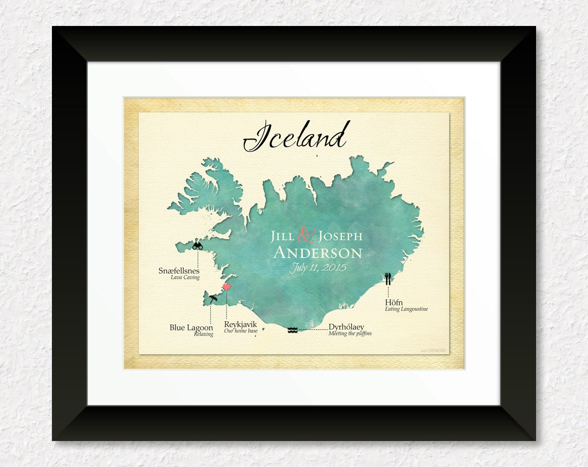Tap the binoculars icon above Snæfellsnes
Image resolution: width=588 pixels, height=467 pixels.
coord(198,246)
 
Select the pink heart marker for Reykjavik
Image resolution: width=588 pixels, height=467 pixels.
coord(227,287)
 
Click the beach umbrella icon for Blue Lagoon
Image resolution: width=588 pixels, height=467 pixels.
coord(213,299)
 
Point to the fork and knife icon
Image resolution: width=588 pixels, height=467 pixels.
coord(388,279)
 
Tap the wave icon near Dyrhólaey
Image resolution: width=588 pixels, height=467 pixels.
coord(293,330)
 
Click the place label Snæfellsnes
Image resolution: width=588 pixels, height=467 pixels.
coord(179,271)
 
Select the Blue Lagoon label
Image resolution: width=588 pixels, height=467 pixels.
coord(191,327)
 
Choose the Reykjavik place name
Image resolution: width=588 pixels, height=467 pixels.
coord(240,324)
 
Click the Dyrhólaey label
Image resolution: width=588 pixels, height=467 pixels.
coord(346,327)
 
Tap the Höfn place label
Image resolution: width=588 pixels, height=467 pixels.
coord(393,302)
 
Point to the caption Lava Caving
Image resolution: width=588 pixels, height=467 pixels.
coord(185,277)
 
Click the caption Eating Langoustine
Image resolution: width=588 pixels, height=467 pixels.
coord(406,309)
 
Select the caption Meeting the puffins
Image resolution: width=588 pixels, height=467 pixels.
coord(350,334)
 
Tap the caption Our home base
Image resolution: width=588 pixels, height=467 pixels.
coord(241,331)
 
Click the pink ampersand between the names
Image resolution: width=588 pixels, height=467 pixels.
coord(306,235)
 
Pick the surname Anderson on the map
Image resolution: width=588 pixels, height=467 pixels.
coord(318,253)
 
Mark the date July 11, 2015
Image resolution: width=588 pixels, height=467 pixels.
coord(318,268)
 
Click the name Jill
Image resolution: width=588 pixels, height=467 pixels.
coord(282,236)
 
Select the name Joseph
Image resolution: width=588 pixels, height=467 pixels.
coord(340,236)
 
